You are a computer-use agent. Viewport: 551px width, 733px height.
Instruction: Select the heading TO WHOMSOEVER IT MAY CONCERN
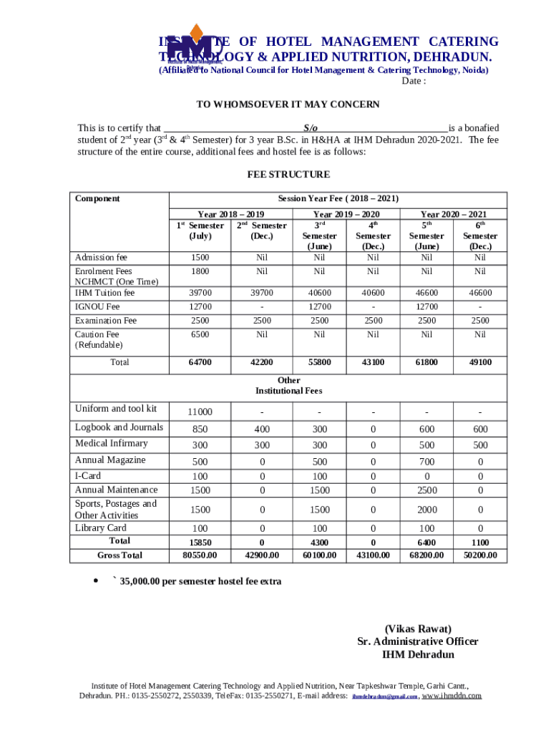pos(288,105)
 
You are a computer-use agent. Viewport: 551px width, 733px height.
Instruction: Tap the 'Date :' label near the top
pos(414,82)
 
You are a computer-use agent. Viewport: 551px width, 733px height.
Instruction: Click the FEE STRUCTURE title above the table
pos(288,175)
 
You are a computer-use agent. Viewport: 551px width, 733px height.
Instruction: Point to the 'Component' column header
pos(97,198)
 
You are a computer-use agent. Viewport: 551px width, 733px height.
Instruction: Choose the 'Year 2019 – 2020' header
pos(346,214)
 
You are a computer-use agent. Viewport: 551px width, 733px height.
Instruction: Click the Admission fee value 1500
pos(200,257)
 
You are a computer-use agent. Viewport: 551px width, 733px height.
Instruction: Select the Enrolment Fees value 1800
pos(200,271)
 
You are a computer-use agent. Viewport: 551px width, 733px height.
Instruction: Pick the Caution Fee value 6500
pos(200,334)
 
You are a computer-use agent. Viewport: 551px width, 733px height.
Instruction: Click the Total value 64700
pos(200,362)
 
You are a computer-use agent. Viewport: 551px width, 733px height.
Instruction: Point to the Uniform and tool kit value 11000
pos(200,412)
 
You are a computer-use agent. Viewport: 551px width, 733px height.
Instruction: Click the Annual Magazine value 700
pos(426,462)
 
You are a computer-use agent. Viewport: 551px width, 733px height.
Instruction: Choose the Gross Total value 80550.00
pos(200,555)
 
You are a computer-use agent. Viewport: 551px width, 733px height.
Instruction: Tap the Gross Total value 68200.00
pos(426,555)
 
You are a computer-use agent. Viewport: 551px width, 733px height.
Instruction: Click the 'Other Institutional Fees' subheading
pos(288,385)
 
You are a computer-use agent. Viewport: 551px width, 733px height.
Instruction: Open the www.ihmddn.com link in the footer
pos(452,695)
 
